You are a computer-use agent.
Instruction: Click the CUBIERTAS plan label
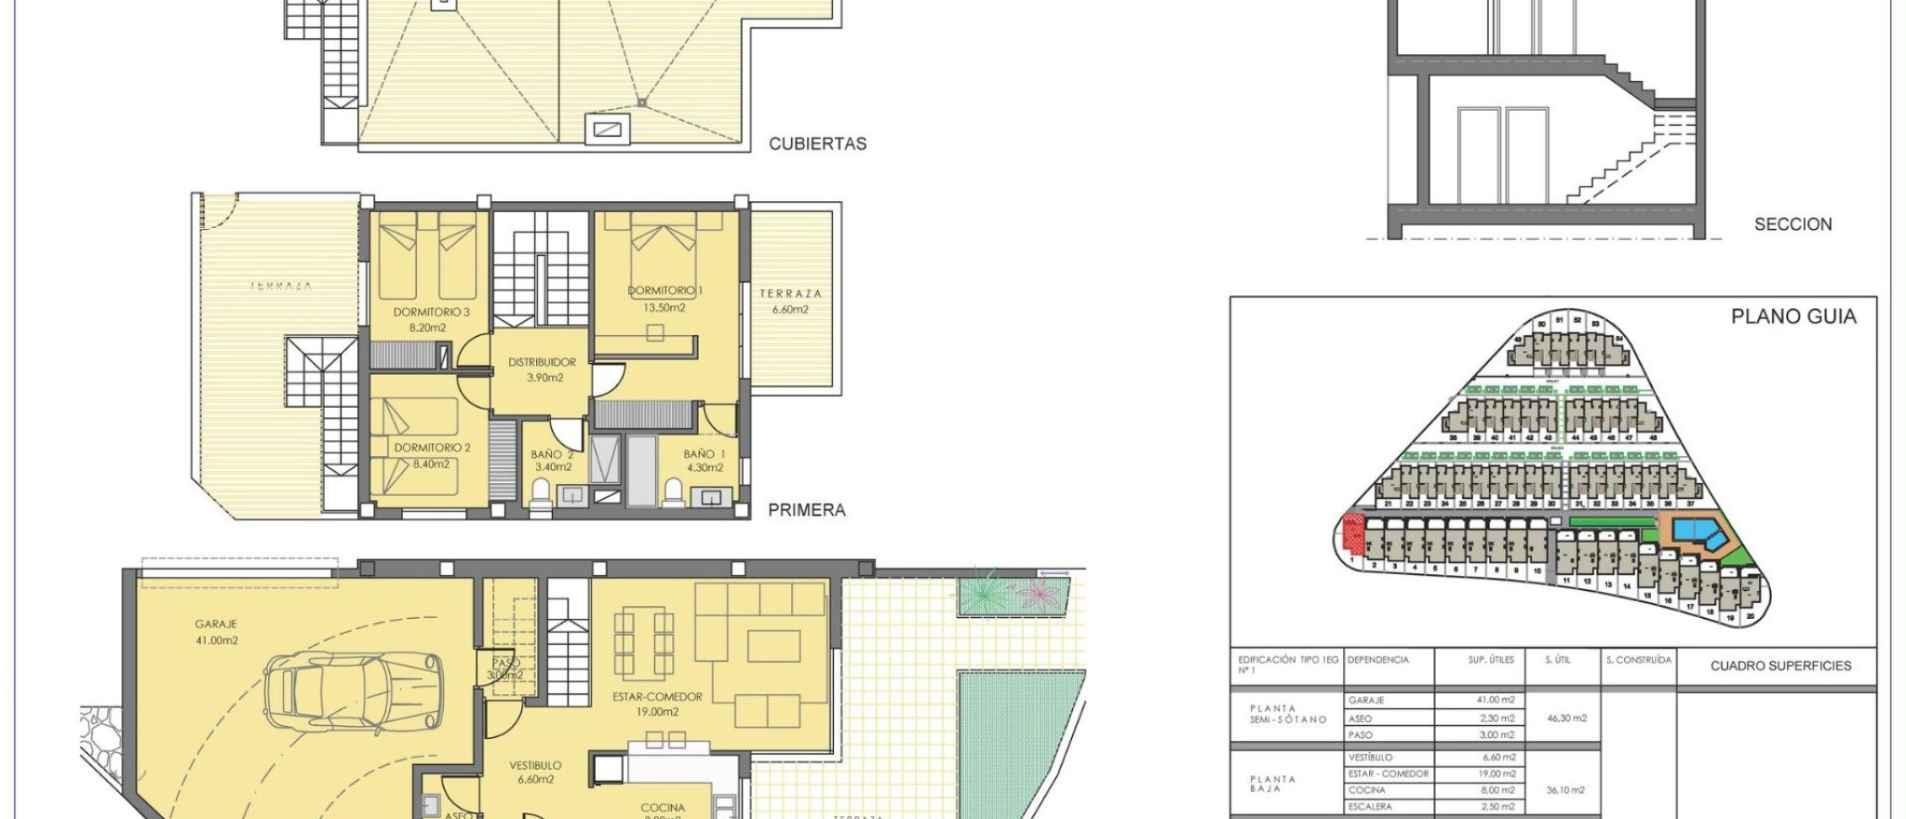tap(817, 144)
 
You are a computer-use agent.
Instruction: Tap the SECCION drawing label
tap(1792, 224)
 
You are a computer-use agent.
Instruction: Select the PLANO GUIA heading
tap(1792, 316)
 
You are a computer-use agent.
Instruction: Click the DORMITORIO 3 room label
tap(431, 313)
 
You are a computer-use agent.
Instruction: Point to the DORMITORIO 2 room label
tap(432, 448)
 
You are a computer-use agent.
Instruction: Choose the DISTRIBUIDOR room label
tap(542, 362)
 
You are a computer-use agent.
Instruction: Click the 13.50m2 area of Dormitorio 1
tap(664, 308)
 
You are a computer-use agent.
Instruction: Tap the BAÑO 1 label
tap(704, 454)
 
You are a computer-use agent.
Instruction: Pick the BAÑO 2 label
tap(552, 454)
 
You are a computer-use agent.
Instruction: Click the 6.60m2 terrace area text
tap(790, 310)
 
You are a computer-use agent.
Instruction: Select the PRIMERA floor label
tap(806, 510)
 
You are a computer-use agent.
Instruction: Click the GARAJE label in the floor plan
tap(216, 624)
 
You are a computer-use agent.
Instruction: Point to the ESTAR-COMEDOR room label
tap(657, 696)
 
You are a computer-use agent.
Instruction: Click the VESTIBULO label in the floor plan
tap(535, 765)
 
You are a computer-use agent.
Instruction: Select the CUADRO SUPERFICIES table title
tap(1779, 666)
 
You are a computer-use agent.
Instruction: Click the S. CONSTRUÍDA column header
tap(1638, 660)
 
